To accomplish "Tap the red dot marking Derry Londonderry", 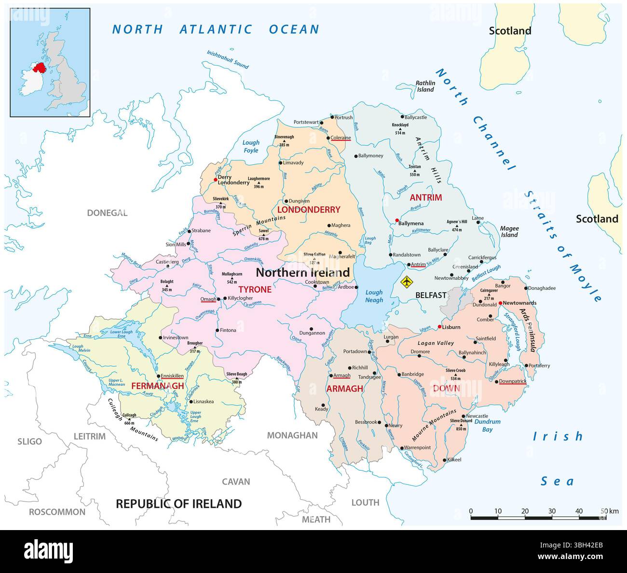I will click(x=215, y=179).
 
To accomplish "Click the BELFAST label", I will click(x=431, y=295).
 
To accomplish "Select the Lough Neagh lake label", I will click(x=374, y=296).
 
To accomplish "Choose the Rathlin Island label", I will click(x=425, y=86).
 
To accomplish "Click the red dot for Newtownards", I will click(x=501, y=303).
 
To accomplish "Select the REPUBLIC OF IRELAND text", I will click(x=179, y=504).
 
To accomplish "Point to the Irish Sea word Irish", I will click(x=558, y=437).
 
